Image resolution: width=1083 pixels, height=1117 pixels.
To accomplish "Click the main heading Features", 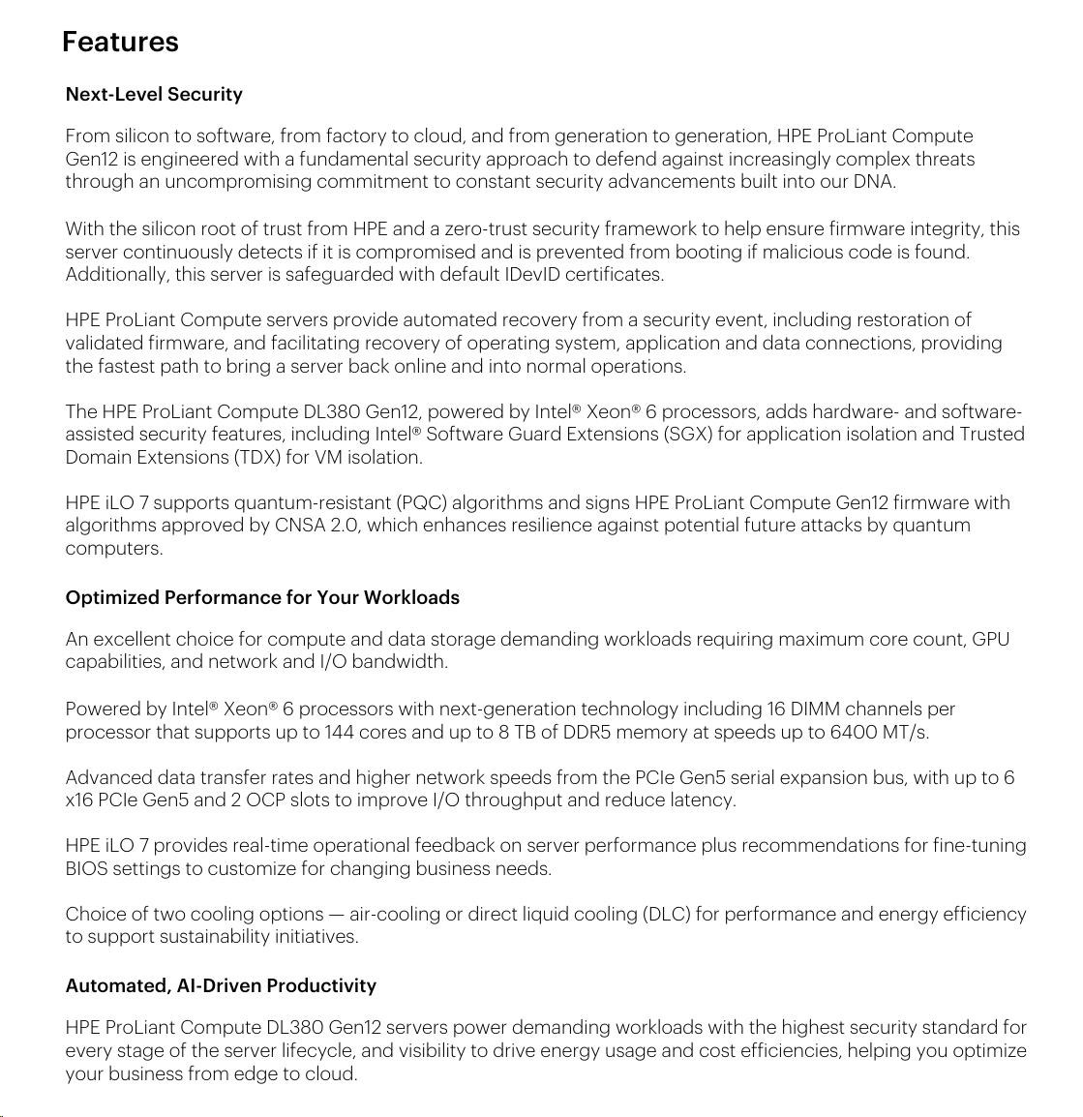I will [120, 42].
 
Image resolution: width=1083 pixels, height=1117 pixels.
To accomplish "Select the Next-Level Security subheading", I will [154, 94].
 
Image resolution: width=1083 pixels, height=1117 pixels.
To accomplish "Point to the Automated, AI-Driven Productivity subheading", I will [221, 985].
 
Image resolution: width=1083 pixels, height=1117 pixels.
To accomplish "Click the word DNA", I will [873, 181].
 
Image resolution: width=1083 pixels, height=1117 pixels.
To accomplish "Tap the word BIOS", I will [86, 868].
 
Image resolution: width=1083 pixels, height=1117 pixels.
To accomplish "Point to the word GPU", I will [990, 639].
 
